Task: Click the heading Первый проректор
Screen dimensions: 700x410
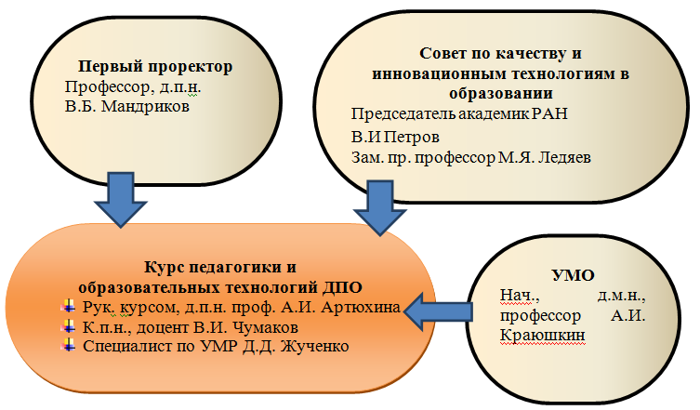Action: [155, 67]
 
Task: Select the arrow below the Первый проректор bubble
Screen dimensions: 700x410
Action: [121, 200]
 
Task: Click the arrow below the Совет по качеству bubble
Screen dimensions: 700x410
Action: [380, 207]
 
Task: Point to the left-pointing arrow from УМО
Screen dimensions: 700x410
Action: [438, 311]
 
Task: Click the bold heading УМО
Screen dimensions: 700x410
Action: [574, 275]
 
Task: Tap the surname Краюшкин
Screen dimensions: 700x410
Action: [542, 335]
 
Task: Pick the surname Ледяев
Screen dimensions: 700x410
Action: [564, 157]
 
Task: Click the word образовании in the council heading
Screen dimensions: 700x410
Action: [501, 93]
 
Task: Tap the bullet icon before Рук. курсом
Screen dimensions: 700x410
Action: [68, 307]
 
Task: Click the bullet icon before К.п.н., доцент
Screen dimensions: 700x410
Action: [68, 326]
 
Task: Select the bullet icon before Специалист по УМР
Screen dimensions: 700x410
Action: [68, 345]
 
